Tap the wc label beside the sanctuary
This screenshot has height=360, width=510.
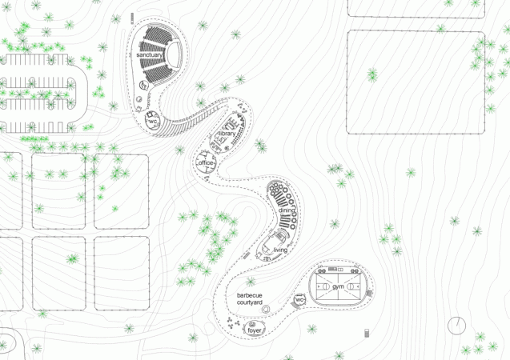152,121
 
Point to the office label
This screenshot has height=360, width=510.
206,164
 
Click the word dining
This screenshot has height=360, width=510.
286,210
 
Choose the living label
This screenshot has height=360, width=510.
280,250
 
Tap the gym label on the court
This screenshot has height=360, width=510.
338,286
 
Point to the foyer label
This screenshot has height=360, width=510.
255,330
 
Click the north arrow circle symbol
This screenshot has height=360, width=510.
457,326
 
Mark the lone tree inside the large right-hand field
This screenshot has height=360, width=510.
372,75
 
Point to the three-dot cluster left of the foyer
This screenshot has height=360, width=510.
232,323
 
